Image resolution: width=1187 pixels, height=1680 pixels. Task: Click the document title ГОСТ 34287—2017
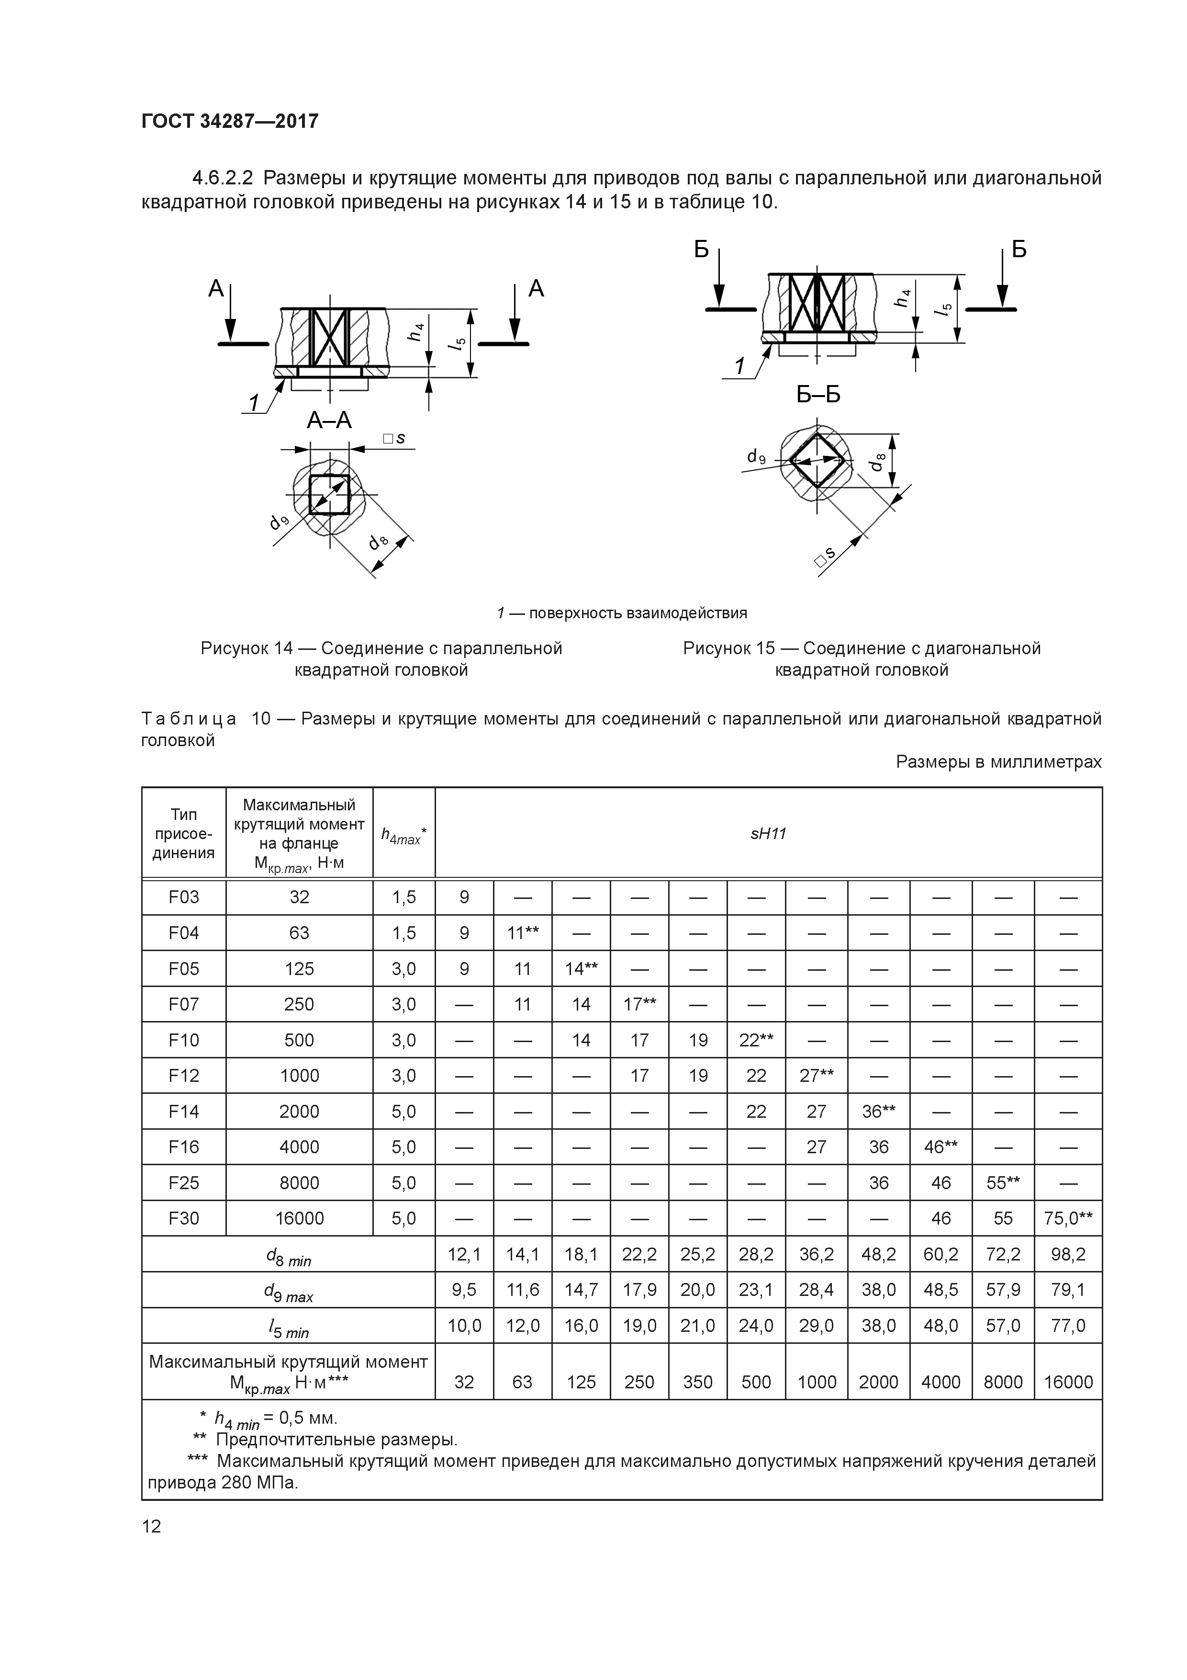click(230, 121)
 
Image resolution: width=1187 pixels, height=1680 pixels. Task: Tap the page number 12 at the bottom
click(151, 1526)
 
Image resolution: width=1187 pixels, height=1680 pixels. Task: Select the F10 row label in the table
click(184, 1040)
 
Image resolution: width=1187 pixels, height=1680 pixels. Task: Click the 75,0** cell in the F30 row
click(1068, 1218)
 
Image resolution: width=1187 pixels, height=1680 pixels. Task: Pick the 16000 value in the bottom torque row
click(1068, 1382)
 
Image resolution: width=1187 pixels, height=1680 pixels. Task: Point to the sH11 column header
click(768, 833)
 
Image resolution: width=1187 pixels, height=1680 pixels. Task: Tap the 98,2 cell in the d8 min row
click(1068, 1255)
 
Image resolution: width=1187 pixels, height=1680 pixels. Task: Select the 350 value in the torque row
click(698, 1382)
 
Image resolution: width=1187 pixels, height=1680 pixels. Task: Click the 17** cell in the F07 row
click(639, 1004)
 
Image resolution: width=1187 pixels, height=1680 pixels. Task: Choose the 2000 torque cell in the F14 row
click(299, 1112)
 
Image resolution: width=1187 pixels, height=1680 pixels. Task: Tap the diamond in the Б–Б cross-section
click(817, 460)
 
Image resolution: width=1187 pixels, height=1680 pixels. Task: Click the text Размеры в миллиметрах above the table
click(998, 762)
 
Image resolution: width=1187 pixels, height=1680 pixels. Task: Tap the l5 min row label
click(288, 1328)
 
